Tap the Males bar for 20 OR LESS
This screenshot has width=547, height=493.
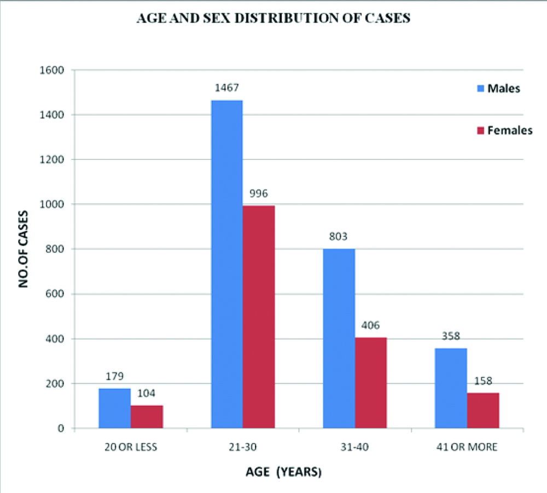pyautogui.click(x=114, y=408)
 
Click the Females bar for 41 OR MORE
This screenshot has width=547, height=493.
pyautogui.click(x=483, y=410)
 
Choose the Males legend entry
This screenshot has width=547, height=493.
pyautogui.click(x=498, y=89)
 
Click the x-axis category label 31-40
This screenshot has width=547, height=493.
pyautogui.click(x=356, y=447)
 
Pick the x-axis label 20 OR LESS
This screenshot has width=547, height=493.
pyautogui.click(x=131, y=447)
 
